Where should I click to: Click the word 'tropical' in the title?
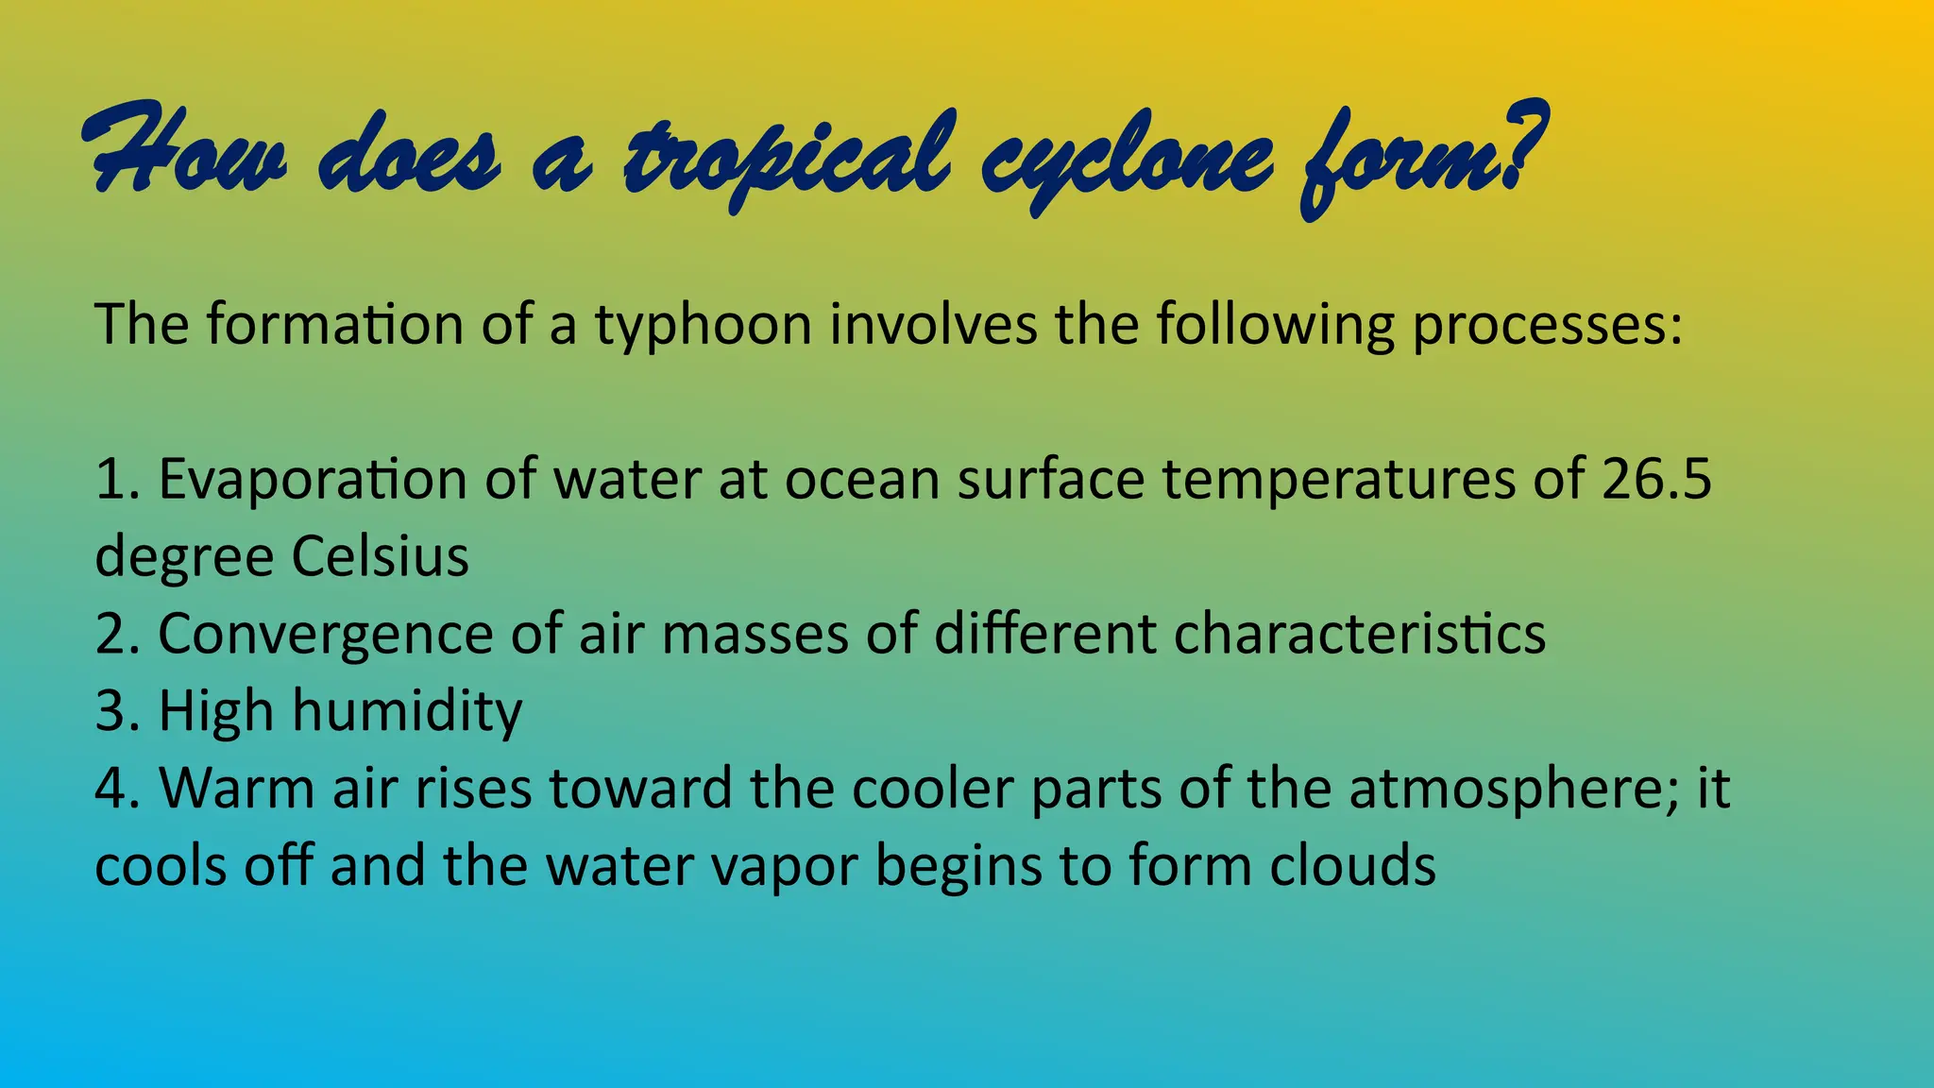784,157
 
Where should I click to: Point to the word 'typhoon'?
703,326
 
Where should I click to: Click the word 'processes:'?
1547,326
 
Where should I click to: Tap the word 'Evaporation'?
313,479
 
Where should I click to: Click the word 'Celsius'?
380,556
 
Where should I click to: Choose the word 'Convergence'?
325,634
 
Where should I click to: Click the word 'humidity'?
406,711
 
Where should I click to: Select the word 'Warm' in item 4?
236,789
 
